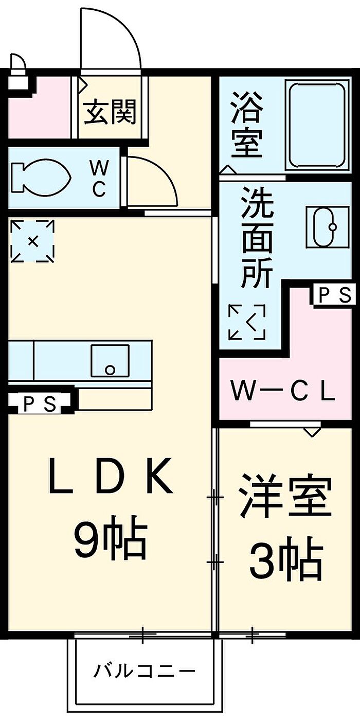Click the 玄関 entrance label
(x=110, y=112)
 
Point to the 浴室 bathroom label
(x=246, y=124)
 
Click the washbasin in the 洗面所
(x=321, y=227)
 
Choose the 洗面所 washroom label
(x=257, y=238)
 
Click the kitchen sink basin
(x=110, y=361)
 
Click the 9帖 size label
(x=110, y=540)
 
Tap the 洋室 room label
(x=284, y=497)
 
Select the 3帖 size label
(x=286, y=559)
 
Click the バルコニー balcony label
(x=145, y=671)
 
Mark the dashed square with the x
(x=32, y=241)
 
